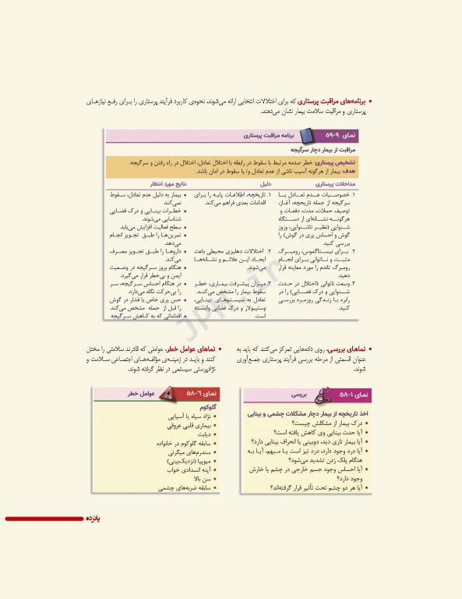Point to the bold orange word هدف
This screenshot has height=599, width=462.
[x=348, y=169]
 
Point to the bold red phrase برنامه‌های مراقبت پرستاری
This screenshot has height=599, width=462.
[x=331, y=101]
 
